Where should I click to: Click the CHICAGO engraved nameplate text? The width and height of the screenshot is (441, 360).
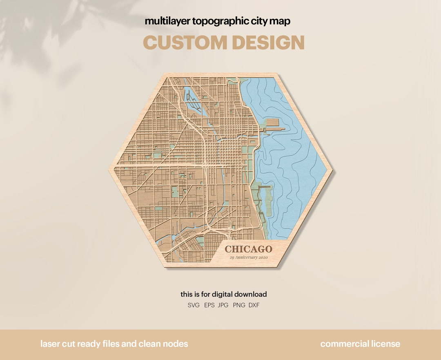pos(248,249)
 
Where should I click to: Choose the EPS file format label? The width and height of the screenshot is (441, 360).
pos(209,305)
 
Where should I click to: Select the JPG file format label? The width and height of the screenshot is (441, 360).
pos(223,305)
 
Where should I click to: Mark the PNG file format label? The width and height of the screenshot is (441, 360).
pos(239,305)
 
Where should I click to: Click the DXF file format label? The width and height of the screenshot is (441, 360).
pos(254,305)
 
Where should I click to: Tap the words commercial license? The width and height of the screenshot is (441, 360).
pos(360,344)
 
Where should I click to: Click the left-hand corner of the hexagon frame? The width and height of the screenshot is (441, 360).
pos(111,170)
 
